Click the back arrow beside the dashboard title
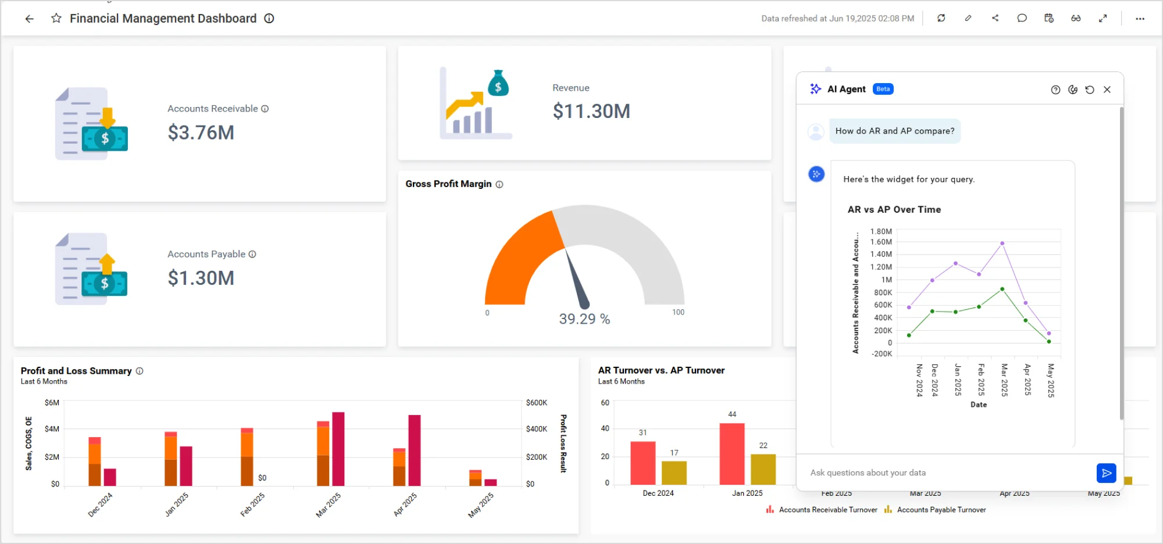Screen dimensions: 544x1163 [x=29, y=19]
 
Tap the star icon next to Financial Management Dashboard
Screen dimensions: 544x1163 [x=56, y=19]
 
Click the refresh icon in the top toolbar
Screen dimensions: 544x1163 [x=941, y=19]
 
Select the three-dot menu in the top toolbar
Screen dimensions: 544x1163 [x=1140, y=19]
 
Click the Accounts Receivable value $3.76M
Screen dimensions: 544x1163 [x=201, y=133]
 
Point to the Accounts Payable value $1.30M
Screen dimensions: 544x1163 [x=201, y=278]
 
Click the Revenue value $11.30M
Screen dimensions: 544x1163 [x=591, y=111]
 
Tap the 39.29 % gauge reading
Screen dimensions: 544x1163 [x=584, y=319]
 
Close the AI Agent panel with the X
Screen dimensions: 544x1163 [x=1107, y=90]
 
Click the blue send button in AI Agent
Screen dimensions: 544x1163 [x=1106, y=473]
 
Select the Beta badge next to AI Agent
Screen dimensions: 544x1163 [x=883, y=89]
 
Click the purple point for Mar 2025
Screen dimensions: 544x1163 [x=1002, y=244]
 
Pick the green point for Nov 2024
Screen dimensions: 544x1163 [x=909, y=335]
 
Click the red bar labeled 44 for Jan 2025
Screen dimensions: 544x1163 [x=732, y=453]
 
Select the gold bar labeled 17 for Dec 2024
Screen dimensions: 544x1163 [x=674, y=473]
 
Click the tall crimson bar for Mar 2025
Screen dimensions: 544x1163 [x=338, y=449]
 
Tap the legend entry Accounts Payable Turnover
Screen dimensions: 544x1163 [x=941, y=510]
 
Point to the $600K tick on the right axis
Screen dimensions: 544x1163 [x=536, y=403]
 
